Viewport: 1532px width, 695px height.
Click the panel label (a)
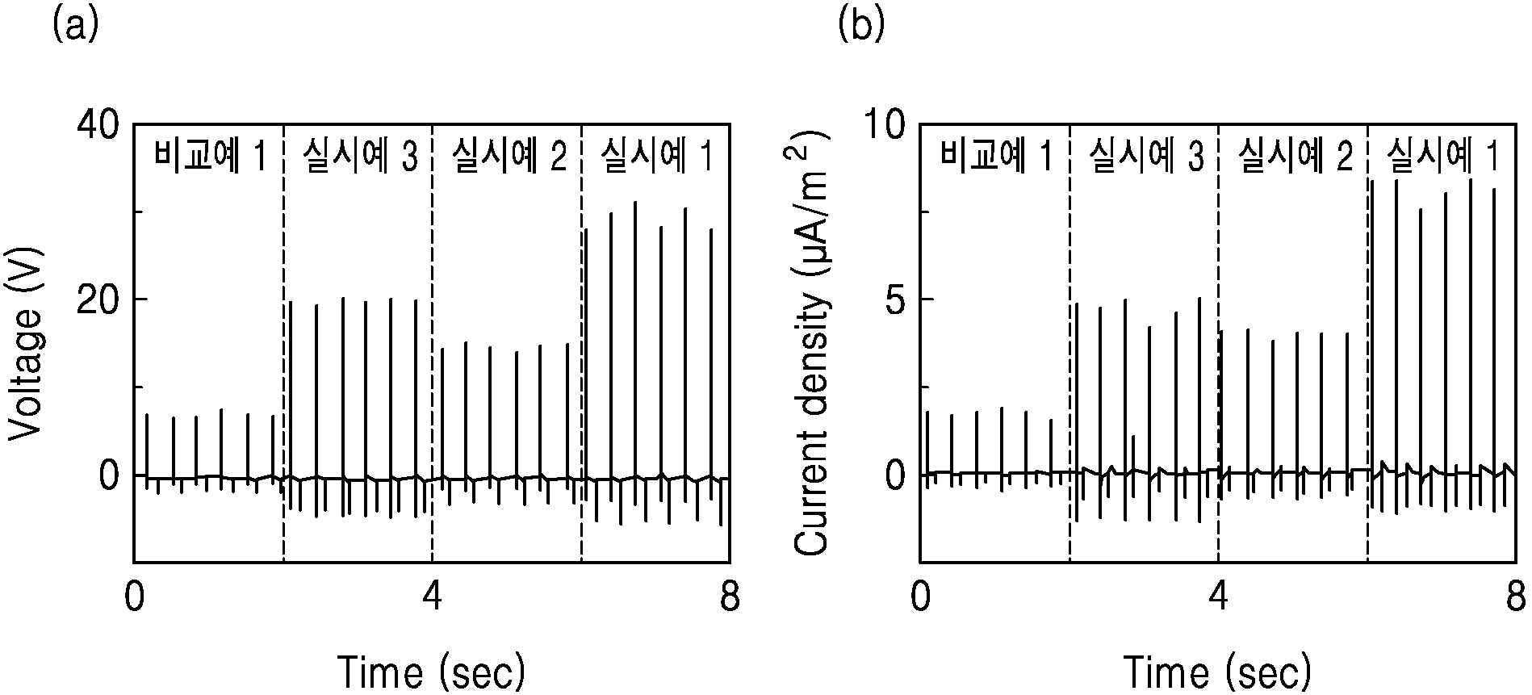[x=75, y=26]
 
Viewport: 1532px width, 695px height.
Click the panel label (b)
[x=862, y=26]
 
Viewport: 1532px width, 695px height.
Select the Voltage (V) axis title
[x=26, y=343]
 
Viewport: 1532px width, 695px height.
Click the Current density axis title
[x=813, y=342]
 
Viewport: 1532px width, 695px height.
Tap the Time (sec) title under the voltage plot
[x=431, y=672]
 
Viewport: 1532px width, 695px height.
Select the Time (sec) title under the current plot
[x=1217, y=672]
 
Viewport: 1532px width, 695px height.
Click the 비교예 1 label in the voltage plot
[x=210, y=157]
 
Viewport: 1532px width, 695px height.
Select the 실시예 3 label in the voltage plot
[x=360, y=157]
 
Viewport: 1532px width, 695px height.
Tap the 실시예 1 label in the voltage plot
[x=658, y=157]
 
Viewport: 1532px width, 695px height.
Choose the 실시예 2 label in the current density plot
[x=1295, y=157]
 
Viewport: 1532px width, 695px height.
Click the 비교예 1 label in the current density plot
[x=997, y=157]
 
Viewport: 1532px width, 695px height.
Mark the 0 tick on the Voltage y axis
[x=110, y=475]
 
